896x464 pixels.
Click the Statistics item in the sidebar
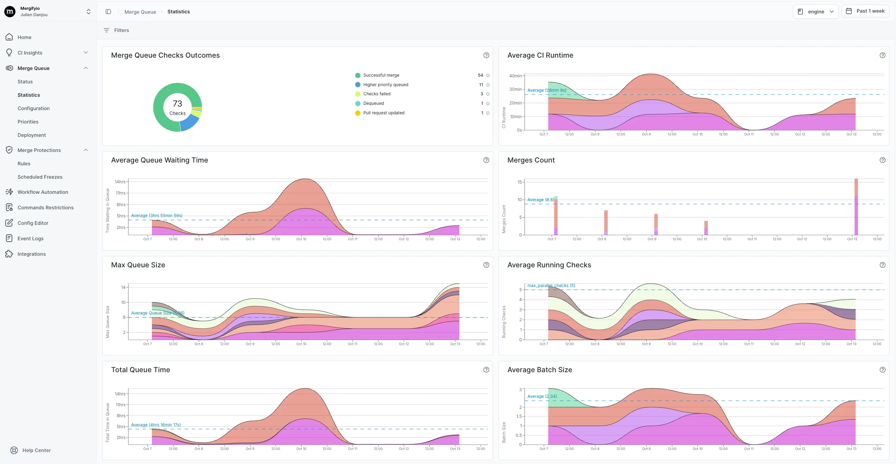point(29,95)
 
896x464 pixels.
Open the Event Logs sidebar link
point(31,239)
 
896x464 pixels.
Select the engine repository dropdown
point(815,12)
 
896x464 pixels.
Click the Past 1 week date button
point(865,11)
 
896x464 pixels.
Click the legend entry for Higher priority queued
point(385,85)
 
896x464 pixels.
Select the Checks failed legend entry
point(377,94)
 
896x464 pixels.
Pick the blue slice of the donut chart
point(190,123)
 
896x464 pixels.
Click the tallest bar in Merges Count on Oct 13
point(856,207)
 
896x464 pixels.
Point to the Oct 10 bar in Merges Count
point(706,228)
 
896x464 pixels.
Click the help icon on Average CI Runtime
point(882,55)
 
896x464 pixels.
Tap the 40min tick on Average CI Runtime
point(515,76)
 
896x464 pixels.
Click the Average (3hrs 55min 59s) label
point(157,216)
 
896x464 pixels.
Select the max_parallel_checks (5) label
point(551,286)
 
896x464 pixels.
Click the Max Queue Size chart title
point(138,265)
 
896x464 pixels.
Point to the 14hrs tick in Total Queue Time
point(120,394)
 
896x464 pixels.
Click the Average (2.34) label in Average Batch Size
point(542,396)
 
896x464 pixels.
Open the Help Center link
point(36,450)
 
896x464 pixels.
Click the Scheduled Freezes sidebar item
point(40,177)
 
